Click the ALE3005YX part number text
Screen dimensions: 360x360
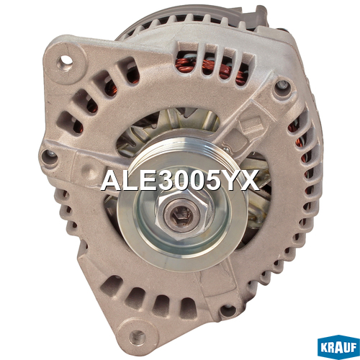(x=180, y=180)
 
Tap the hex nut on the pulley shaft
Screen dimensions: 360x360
(x=181, y=215)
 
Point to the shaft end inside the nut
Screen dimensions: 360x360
(x=181, y=215)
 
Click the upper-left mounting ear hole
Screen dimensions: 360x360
(x=65, y=60)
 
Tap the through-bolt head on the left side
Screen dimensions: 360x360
(x=50, y=156)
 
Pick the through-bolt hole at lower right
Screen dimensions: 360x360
(x=228, y=310)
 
